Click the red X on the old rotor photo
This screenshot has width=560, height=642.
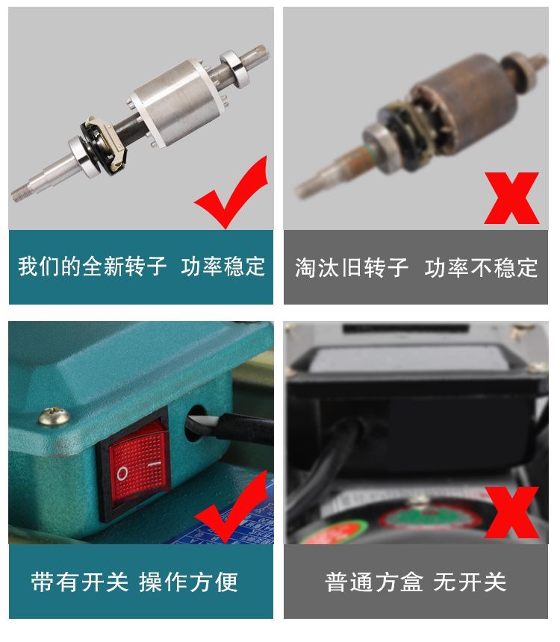tap(511, 198)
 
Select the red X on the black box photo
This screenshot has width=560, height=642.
tap(511, 512)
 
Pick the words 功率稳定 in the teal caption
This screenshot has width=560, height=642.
tap(223, 267)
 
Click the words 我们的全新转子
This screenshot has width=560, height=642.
tap(93, 267)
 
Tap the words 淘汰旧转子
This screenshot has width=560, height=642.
tap(352, 267)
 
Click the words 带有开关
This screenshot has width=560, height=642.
tap(79, 582)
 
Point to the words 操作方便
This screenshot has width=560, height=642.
tap(188, 582)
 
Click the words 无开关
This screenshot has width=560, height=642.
tap(470, 582)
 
